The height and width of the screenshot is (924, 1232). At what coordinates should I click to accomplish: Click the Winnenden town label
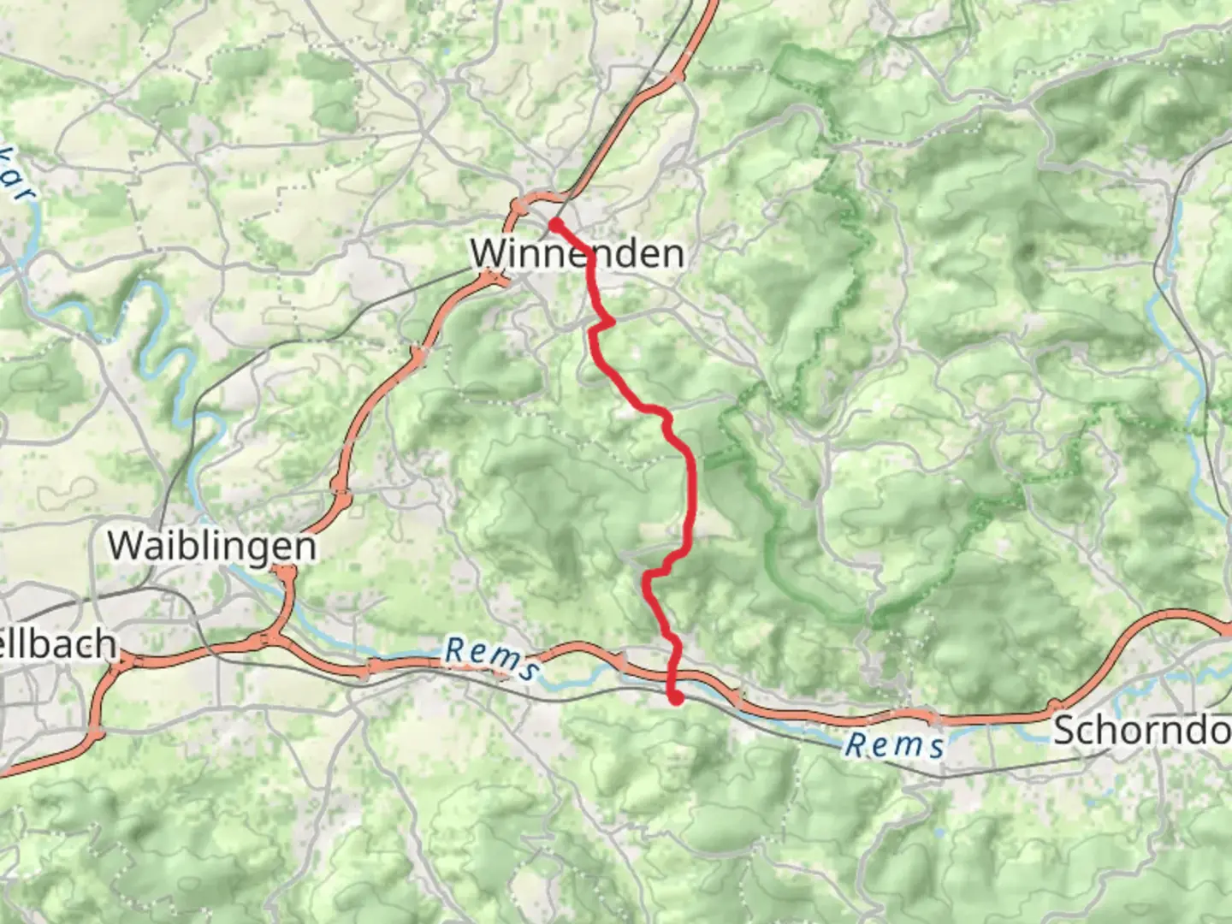pyautogui.click(x=577, y=253)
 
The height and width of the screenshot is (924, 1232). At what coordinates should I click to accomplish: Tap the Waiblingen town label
pyautogui.click(x=211, y=545)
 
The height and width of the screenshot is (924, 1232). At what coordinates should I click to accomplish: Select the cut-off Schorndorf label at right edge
pyautogui.click(x=1142, y=730)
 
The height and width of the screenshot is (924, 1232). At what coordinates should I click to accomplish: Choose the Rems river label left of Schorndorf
pyautogui.click(x=894, y=745)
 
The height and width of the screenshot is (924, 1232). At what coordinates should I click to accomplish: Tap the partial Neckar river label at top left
pyautogui.click(x=19, y=180)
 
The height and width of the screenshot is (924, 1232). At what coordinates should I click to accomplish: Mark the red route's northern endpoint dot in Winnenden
pyautogui.click(x=555, y=225)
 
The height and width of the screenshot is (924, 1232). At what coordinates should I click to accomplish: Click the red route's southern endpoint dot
pyautogui.click(x=677, y=699)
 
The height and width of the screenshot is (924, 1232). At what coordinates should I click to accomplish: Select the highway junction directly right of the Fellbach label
pyautogui.click(x=127, y=660)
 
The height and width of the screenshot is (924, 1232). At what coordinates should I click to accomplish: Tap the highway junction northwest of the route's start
pyautogui.click(x=519, y=207)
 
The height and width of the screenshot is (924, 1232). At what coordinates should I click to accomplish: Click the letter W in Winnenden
pyautogui.click(x=487, y=253)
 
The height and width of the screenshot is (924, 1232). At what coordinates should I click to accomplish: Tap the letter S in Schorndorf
pyautogui.click(x=1064, y=730)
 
